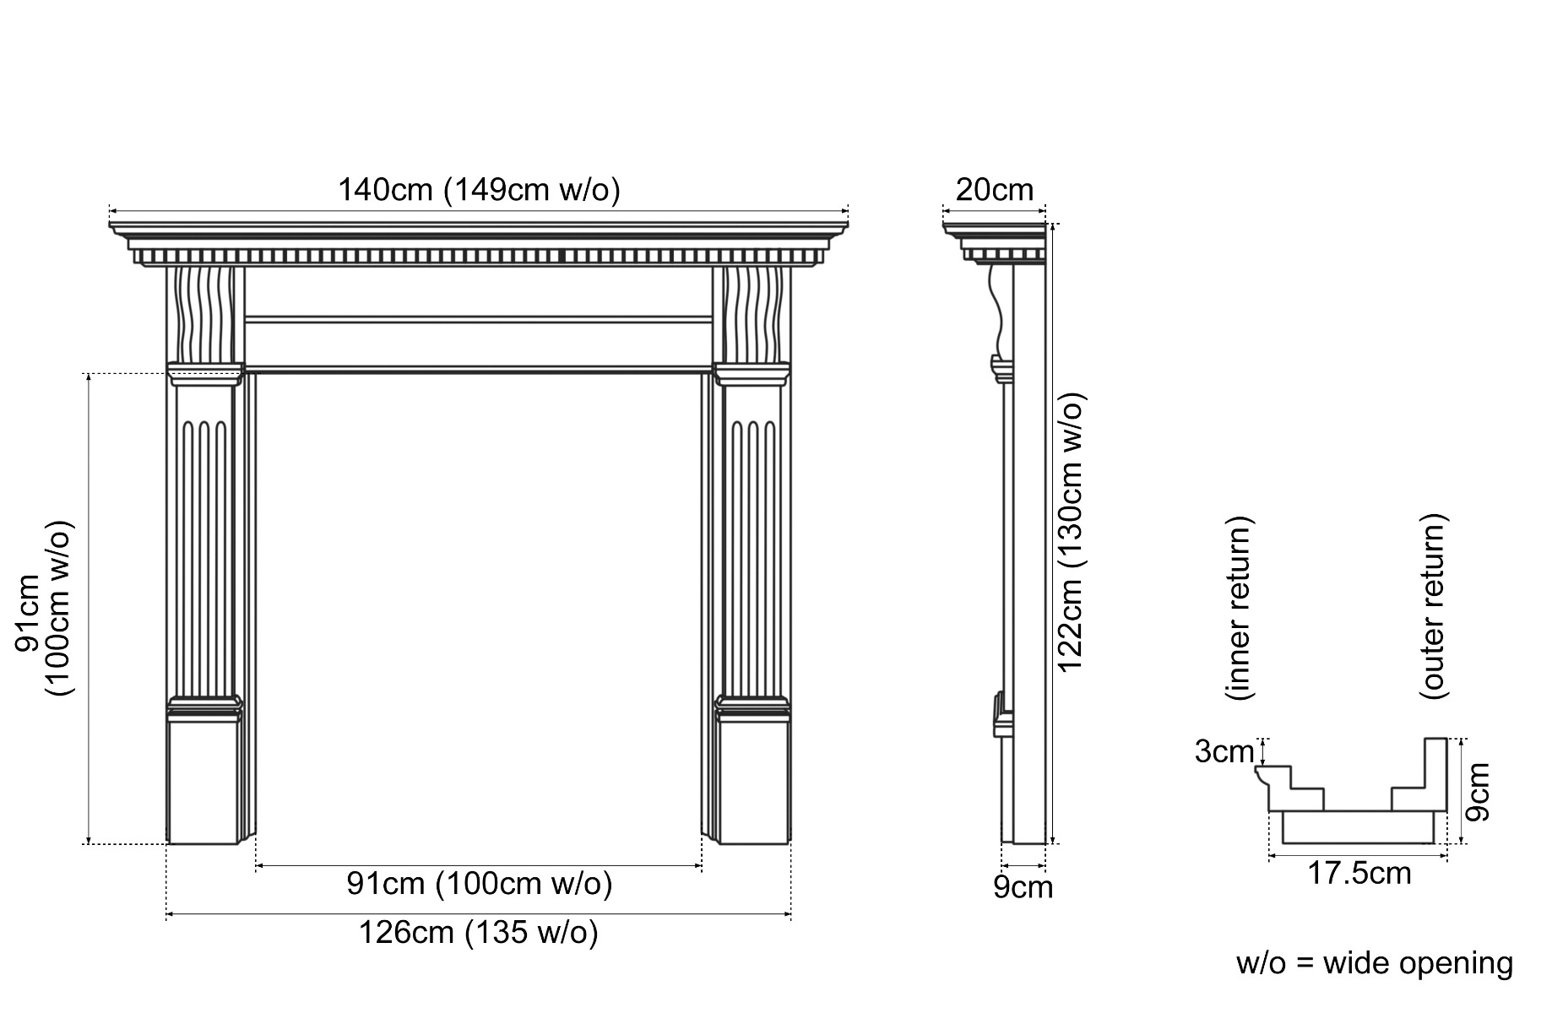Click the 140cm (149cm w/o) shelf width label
(479, 190)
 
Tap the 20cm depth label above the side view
(994, 190)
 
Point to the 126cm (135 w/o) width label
(479, 933)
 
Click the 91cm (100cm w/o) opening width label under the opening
(479, 884)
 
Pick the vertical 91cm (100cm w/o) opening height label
(45, 608)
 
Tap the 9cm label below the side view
(1023, 888)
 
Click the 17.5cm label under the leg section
(1359, 873)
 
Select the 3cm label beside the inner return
(1224, 751)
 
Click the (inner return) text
(1240, 608)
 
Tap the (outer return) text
(1434, 605)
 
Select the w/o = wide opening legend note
(1375, 963)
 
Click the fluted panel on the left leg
(203, 540)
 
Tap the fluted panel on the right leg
(754, 540)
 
